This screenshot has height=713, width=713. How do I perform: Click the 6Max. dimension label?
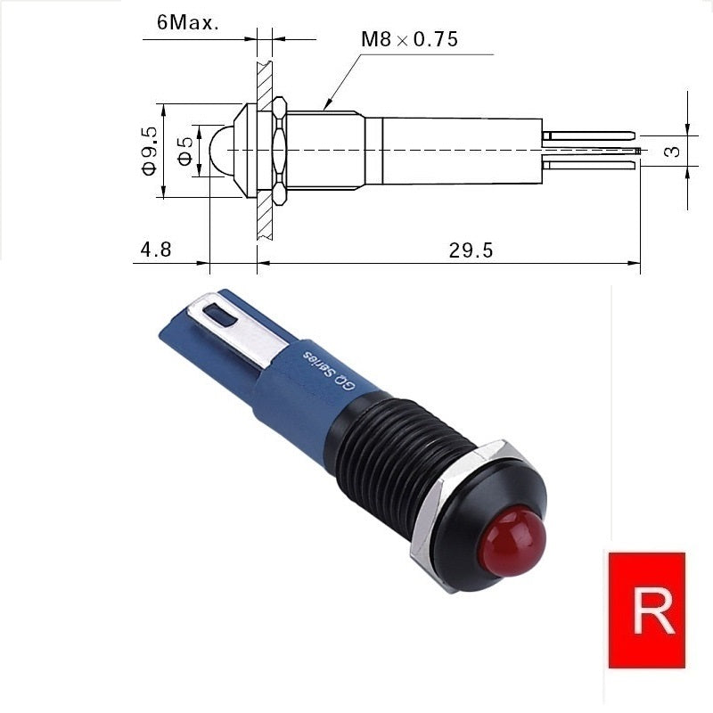tap(188, 22)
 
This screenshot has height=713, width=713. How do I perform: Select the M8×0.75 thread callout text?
tap(409, 39)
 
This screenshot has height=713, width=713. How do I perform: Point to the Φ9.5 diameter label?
tap(150, 151)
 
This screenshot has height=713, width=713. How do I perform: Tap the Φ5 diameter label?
tap(185, 151)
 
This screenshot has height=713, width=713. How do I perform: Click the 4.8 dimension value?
tap(156, 250)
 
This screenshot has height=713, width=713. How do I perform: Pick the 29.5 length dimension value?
tap(471, 250)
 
